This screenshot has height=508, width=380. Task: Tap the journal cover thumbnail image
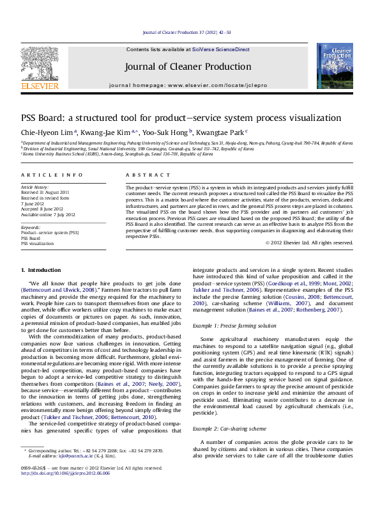(335, 66)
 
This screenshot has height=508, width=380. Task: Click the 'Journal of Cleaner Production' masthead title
(187, 67)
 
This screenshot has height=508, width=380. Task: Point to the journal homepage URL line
(187, 85)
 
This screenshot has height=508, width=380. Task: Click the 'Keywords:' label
(31, 227)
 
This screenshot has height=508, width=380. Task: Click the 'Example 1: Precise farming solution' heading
(234, 326)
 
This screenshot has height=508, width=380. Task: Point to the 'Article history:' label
(34, 186)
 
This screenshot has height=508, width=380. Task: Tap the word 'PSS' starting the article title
(29, 118)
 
